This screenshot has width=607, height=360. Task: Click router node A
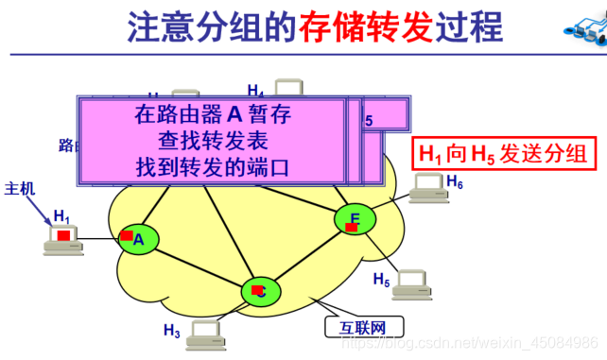[x=137, y=238]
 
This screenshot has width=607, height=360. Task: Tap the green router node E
[x=355, y=220]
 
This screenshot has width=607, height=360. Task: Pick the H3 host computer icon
[x=206, y=334]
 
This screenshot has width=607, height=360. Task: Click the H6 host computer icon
[x=427, y=186]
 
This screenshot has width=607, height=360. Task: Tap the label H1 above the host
[x=61, y=215]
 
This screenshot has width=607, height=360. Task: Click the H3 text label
[x=171, y=330]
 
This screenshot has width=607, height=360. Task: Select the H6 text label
[x=455, y=181]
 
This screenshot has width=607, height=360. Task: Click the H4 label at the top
[x=256, y=91]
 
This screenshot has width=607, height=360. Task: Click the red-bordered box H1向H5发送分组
[x=504, y=155]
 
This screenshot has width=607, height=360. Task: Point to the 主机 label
[x=20, y=188]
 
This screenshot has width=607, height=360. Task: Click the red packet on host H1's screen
[x=62, y=234]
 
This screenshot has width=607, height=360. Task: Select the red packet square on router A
[x=127, y=234]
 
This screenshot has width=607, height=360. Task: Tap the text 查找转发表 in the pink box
[x=213, y=142]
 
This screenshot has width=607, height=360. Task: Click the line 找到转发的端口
[x=213, y=168]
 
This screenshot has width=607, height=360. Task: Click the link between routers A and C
[x=195, y=264]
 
